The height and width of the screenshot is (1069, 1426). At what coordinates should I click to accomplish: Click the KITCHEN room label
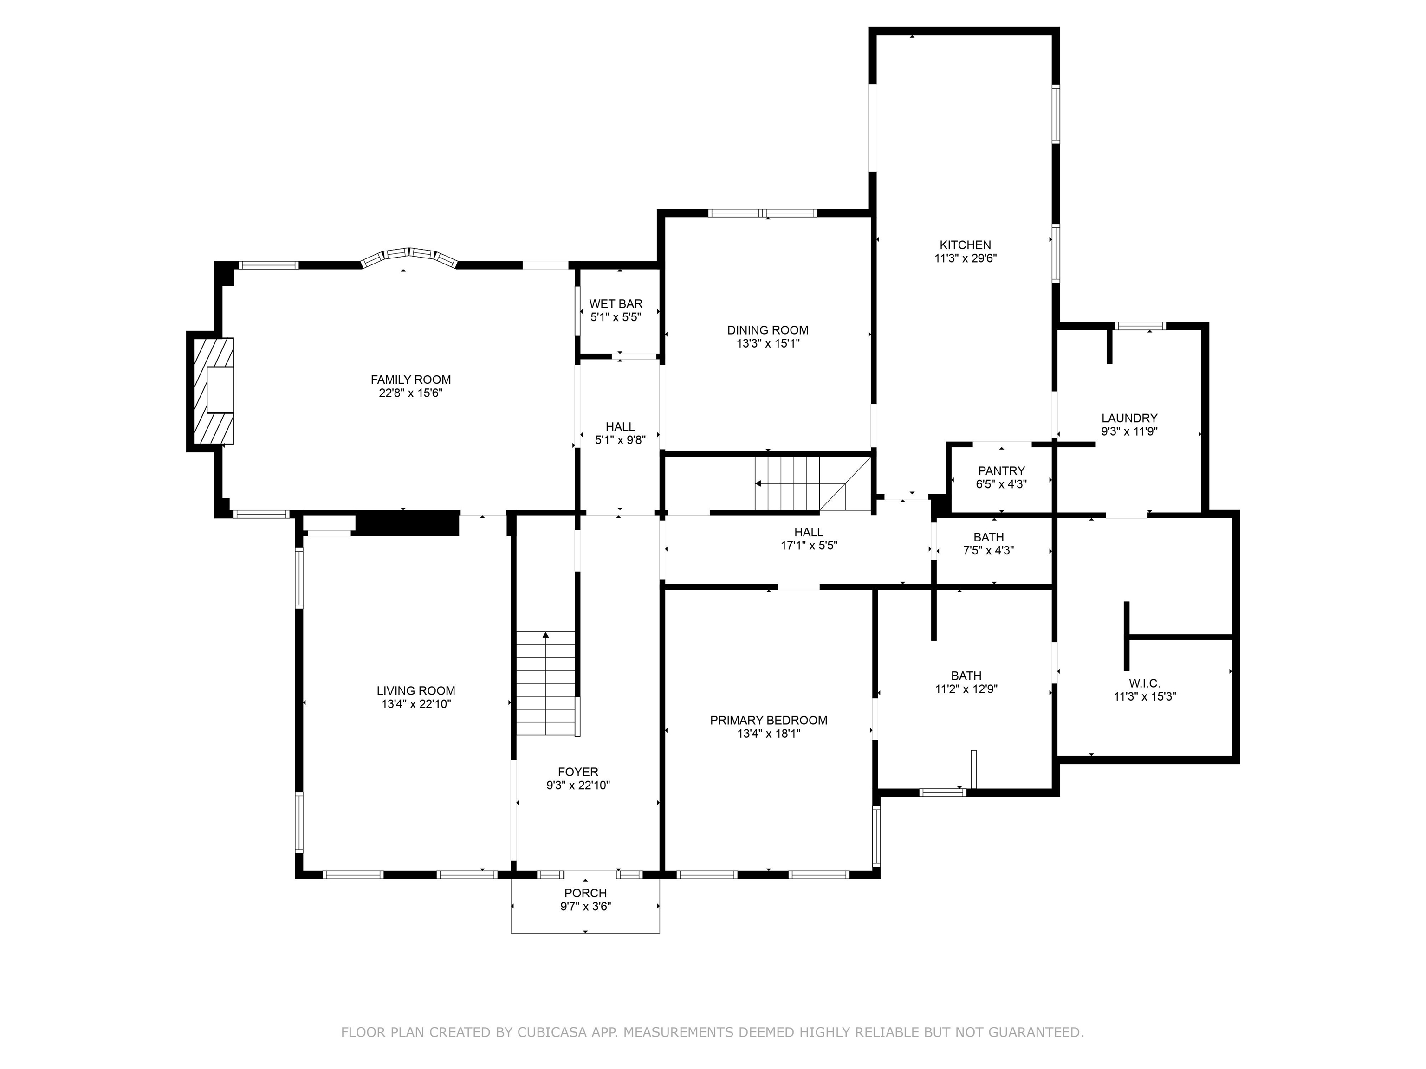pos(965,245)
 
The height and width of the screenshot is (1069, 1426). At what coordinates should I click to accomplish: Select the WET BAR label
pos(615,303)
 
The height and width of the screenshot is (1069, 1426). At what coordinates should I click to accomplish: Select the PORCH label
pos(585,893)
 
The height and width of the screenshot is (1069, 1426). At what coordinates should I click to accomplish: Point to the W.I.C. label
pos(1144,683)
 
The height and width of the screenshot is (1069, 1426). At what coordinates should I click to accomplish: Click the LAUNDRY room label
pos(1129,418)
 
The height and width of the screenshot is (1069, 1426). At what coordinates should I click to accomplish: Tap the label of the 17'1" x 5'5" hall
pos(809,532)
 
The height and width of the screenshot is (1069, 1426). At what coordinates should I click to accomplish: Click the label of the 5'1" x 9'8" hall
pos(620,426)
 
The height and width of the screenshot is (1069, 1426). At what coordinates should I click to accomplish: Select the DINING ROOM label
pos(767,330)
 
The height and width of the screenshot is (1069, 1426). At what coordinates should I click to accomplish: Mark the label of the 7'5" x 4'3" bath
pos(988,537)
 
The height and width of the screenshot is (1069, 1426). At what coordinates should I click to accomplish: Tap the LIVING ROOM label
pos(416,691)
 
